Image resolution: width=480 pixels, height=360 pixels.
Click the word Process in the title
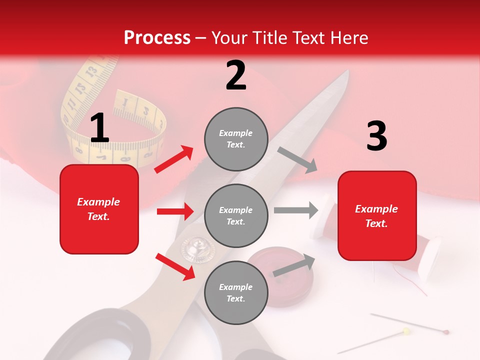pyautogui.click(x=157, y=37)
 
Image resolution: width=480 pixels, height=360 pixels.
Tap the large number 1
pyautogui.click(x=99, y=128)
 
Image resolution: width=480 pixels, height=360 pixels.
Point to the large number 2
pyautogui.click(x=236, y=75)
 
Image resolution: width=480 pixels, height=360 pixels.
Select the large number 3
pyautogui.click(x=376, y=136)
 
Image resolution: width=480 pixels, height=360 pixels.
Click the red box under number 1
pyautogui.click(x=99, y=209)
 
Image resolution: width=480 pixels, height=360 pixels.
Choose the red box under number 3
pyautogui.click(x=377, y=215)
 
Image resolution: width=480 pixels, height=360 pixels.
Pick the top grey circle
pyautogui.click(x=236, y=139)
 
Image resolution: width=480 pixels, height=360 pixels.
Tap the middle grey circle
pyautogui.click(x=236, y=215)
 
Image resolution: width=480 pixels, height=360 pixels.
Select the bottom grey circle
pyautogui.click(x=236, y=292)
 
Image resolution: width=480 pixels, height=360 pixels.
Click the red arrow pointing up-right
pyautogui.click(x=174, y=159)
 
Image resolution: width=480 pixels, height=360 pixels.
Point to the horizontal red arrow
pyautogui.click(x=175, y=211)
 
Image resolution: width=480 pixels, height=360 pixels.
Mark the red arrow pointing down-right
pyautogui.click(x=175, y=266)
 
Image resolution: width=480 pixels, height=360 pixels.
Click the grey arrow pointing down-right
pyautogui.click(x=298, y=160)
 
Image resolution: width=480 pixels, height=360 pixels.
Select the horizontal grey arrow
pyautogui.click(x=296, y=210)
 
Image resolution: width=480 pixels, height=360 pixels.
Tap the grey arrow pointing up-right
pyautogui.click(x=294, y=265)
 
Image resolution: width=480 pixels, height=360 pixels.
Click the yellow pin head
pyautogui.click(x=406, y=330)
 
